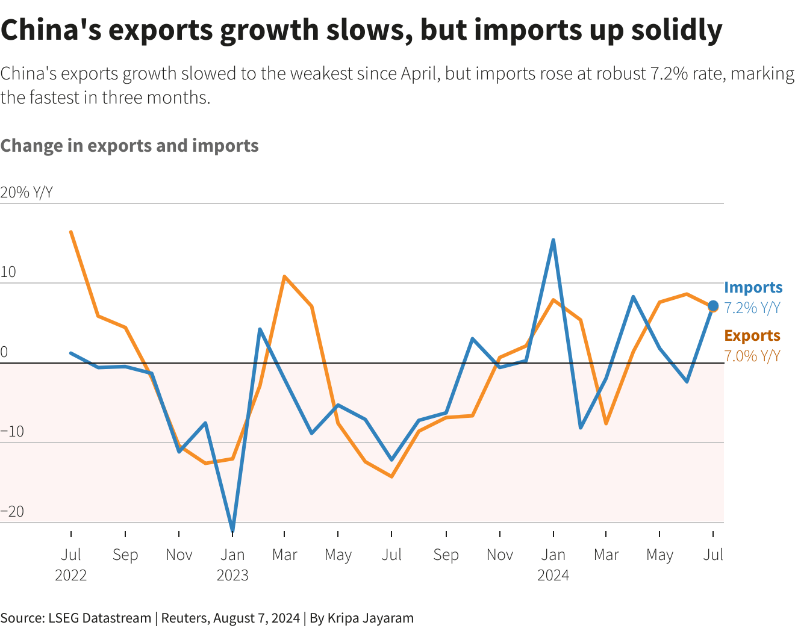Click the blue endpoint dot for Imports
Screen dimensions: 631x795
(x=713, y=306)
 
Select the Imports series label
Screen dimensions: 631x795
(x=753, y=287)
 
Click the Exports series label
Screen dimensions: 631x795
(x=752, y=335)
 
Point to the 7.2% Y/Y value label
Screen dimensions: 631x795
(x=752, y=308)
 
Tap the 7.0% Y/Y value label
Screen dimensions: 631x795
(x=752, y=356)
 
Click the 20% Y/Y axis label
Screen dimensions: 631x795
(x=26, y=193)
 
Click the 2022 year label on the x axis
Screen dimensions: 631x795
(x=71, y=575)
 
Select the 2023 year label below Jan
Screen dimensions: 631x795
(x=232, y=575)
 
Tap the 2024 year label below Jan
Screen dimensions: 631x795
(x=553, y=575)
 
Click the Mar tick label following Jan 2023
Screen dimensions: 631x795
(x=285, y=555)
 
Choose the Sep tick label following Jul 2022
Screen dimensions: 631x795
(x=125, y=555)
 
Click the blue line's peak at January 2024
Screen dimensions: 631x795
(x=553, y=240)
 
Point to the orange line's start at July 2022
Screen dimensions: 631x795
(x=71, y=232)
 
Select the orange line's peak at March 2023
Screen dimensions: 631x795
(x=284, y=276)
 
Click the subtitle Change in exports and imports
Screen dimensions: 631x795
(x=129, y=146)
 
